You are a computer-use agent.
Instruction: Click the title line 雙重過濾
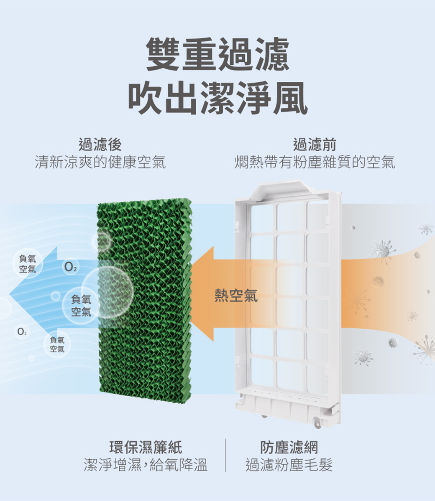(x=217, y=54)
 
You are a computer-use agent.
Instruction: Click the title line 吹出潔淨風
(x=217, y=99)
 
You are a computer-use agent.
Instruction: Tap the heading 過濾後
(x=100, y=144)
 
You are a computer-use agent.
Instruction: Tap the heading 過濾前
(x=315, y=144)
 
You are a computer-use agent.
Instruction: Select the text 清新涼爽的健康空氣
(x=100, y=162)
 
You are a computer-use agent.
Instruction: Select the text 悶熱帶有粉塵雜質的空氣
(x=315, y=162)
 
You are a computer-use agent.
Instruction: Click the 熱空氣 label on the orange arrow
(x=236, y=296)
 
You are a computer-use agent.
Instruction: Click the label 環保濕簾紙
(x=146, y=447)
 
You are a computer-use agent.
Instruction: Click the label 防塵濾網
(x=289, y=447)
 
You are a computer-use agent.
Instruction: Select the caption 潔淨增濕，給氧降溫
(x=146, y=465)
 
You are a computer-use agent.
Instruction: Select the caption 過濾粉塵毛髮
(x=289, y=465)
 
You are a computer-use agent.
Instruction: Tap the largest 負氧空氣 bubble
(x=81, y=305)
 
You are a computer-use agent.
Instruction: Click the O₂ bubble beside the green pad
(x=70, y=266)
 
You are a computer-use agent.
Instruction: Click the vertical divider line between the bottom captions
(x=225, y=455)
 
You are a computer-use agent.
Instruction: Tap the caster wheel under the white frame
(x=317, y=422)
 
